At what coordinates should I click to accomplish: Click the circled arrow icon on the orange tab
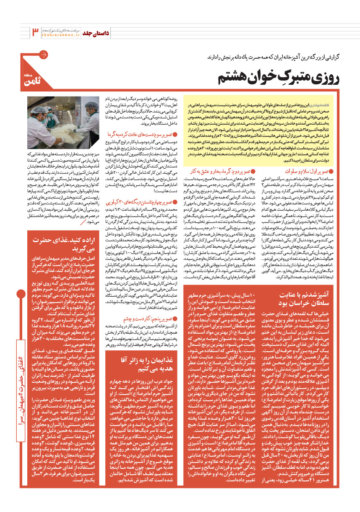pos(43,55)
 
